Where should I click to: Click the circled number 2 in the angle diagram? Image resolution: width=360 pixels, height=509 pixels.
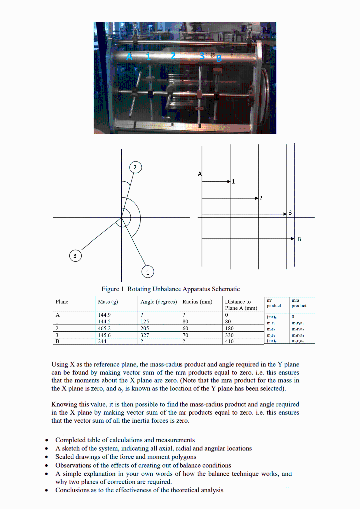pyautogui.click(x=136, y=167)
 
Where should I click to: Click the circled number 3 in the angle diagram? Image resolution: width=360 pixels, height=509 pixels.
pyautogui.click(x=75, y=255)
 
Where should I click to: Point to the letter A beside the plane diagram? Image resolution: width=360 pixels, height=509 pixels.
pyautogui.click(x=200, y=174)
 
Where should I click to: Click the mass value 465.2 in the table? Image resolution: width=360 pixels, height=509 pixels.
pyautogui.click(x=105, y=328)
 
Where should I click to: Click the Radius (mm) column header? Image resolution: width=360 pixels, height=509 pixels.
pyautogui.click(x=197, y=302)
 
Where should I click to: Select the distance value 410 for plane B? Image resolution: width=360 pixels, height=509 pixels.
pyautogui.click(x=229, y=341)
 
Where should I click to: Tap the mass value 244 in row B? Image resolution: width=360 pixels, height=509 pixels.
pyautogui.click(x=102, y=341)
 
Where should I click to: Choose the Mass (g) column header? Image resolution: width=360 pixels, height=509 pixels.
pyautogui.click(x=108, y=302)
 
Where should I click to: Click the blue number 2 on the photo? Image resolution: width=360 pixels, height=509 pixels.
pyautogui.click(x=173, y=56)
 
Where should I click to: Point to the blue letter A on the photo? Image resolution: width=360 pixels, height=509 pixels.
pyautogui.click(x=130, y=56)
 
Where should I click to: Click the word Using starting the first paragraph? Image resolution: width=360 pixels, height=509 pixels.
pyautogui.click(x=59, y=365)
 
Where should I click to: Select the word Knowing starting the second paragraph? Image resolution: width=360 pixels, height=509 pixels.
pyautogui.click(x=64, y=404)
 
